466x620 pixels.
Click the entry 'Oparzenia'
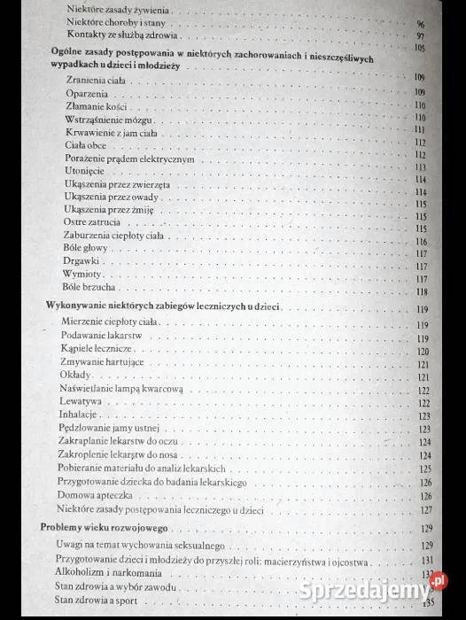click(x=86, y=92)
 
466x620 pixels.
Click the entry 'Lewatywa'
click(x=81, y=401)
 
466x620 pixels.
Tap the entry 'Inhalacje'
click(x=79, y=415)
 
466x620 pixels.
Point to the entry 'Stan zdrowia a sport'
click(x=99, y=601)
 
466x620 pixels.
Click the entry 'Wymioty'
click(x=82, y=275)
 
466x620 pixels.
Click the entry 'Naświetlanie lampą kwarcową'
click(x=121, y=389)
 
